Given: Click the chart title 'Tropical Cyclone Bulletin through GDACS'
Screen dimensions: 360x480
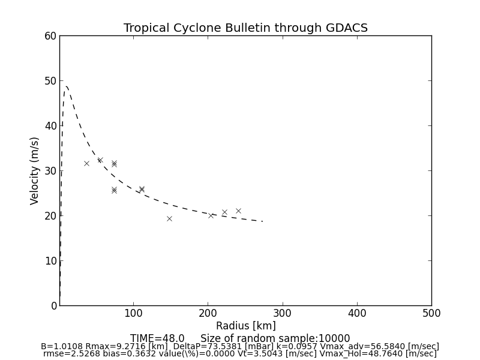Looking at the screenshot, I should pyautogui.click(x=245, y=28).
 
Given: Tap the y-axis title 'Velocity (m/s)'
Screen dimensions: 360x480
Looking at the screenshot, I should pyautogui.click(x=35, y=170).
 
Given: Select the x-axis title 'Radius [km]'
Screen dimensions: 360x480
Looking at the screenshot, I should pyautogui.click(x=245, y=326).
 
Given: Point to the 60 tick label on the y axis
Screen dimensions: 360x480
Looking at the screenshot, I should pyautogui.click(x=50, y=36).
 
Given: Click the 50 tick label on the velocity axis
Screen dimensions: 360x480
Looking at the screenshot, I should pyautogui.click(x=50, y=81).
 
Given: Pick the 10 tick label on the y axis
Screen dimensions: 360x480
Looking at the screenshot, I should pyautogui.click(x=50, y=260).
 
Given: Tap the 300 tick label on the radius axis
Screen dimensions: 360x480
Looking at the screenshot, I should pyautogui.click(x=283, y=313).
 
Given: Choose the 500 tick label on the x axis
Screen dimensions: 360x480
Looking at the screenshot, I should pyautogui.click(x=431, y=313).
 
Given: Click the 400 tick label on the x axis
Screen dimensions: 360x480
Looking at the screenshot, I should pyautogui.click(x=357, y=313).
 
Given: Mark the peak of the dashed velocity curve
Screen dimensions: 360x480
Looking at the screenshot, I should pyautogui.click(x=66, y=86).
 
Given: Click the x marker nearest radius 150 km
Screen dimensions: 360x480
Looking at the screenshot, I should pyautogui.click(x=169, y=218).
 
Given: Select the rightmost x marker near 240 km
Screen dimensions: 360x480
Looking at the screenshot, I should pyautogui.click(x=238, y=211).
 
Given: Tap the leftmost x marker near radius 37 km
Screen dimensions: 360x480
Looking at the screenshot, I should pyautogui.click(x=86, y=163).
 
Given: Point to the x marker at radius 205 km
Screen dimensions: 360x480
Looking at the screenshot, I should pyautogui.click(x=211, y=215).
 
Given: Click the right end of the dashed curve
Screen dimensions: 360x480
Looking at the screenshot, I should pyautogui.click(x=262, y=221).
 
